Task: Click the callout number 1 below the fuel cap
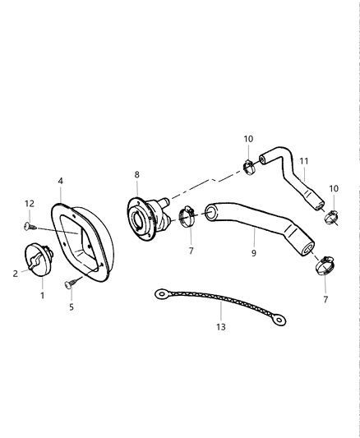point(44,294)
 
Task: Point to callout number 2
point(15,274)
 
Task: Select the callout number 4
point(60,180)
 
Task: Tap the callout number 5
point(71,307)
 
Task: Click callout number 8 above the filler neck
point(136,174)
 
